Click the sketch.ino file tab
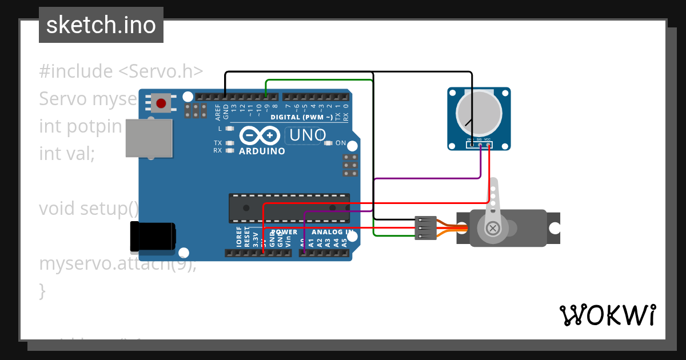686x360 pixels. point(101,25)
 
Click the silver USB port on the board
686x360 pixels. point(149,138)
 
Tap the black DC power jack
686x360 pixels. point(153,237)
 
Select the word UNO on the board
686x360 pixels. point(308,135)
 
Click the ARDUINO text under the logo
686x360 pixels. point(262,151)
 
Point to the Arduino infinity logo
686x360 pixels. point(260,135)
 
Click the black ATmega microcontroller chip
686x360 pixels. point(289,207)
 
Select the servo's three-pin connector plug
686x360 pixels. point(425,227)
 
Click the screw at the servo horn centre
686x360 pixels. point(492,229)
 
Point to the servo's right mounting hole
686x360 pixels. point(553,229)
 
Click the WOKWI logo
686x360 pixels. point(607,315)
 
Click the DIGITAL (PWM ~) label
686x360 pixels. point(302,117)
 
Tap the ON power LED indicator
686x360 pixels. point(328,143)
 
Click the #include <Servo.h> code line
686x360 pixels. point(121,71)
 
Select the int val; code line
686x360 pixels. point(67,153)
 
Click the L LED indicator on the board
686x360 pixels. point(230,129)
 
